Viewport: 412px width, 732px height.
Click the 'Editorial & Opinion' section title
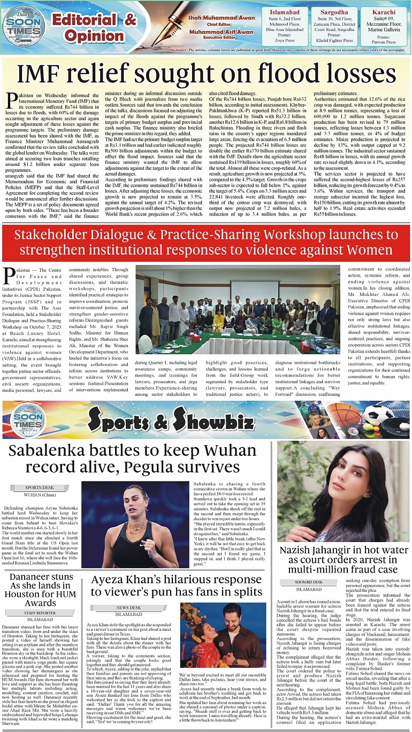coord(94,27)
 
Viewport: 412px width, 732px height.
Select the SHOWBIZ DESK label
coord(309,582)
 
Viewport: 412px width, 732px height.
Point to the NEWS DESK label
coord(128,608)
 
